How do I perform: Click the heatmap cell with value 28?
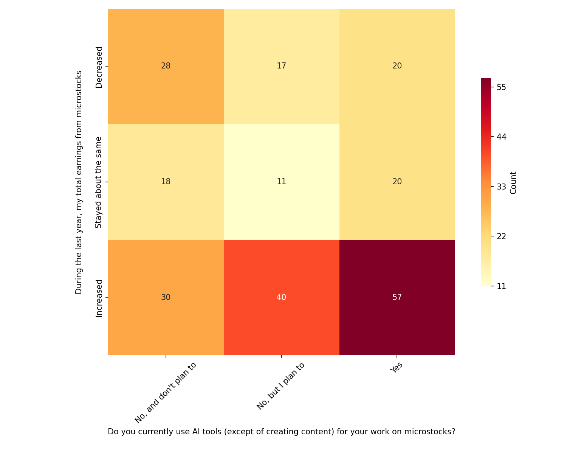pyautogui.click(x=166, y=66)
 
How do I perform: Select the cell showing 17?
pyautogui.click(x=281, y=66)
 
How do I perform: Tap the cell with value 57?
pyautogui.click(x=397, y=297)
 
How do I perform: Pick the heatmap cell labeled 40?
pyautogui.click(x=281, y=297)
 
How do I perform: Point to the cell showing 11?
pyautogui.click(x=281, y=182)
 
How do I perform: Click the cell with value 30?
pyautogui.click(x=166, y=297)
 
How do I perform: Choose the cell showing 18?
pyautogui.click(x=166, y=182)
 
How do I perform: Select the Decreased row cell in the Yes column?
pyautogui.click(x=397, y=66)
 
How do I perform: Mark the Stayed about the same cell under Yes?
pyautogui.click(x=397, y=182)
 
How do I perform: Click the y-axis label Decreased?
pyautogui.click(x=99, y=67)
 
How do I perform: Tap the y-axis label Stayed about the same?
pyautogui.click(x=99, y=182)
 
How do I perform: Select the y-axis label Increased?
pyautogui.click(x=99, y=298)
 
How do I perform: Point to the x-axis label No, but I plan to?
pyautogui.click(x=280, y=386)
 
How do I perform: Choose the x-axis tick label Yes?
pyautogui.click(x=397, y=368)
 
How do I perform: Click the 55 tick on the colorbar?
pyautogui.click(x=501, y=87)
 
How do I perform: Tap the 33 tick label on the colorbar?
pyautogui.click(x=501, y=187)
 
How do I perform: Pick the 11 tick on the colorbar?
pyautogui.click(x=501, y=286)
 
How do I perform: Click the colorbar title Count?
pyautogui.click(x=513, y=182)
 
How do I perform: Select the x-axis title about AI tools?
pyautogui.click(x=281, y=432)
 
